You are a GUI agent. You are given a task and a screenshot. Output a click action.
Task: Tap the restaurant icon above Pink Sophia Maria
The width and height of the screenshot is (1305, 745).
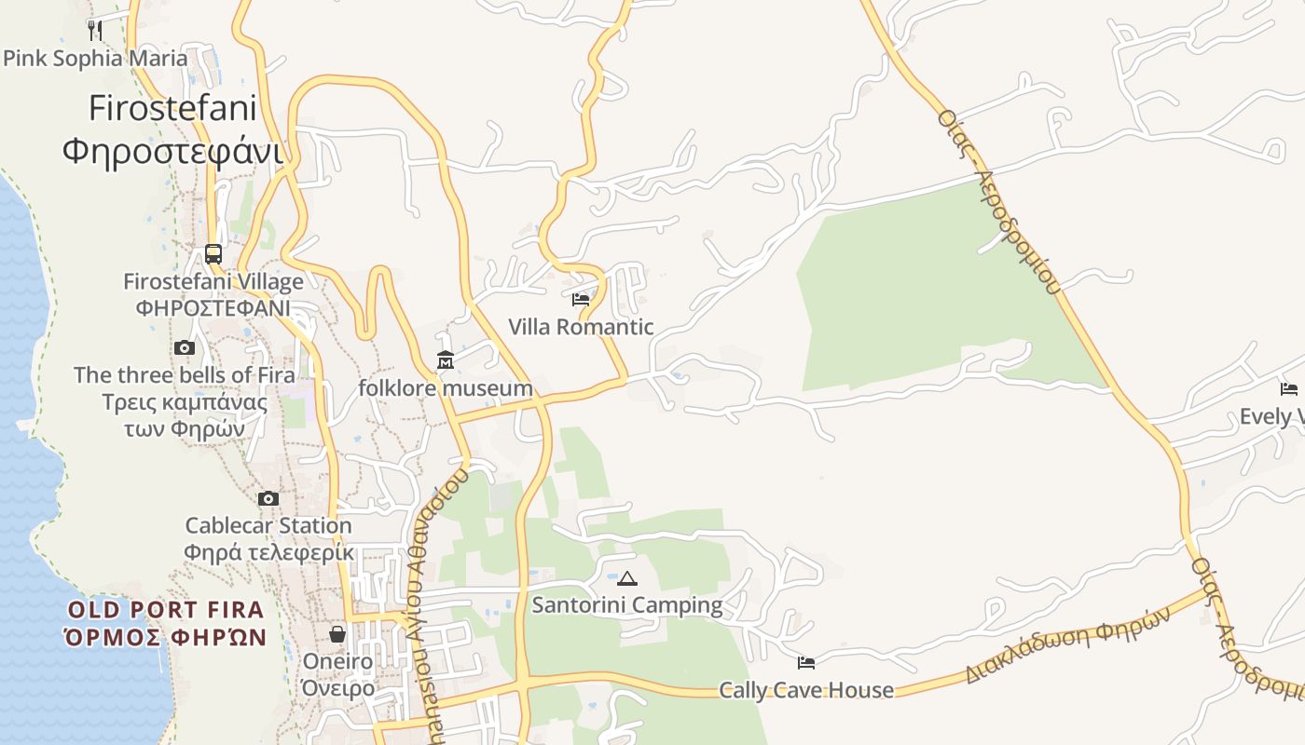click(x=95, y=30)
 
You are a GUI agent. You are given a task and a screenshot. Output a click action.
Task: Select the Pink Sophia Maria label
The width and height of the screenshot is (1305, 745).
click(x=95, y=59)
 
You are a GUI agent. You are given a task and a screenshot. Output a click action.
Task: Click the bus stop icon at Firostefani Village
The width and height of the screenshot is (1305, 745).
click(x=213, y=253)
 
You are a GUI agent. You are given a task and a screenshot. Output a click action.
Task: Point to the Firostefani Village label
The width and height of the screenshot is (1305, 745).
click(x=213, y=294)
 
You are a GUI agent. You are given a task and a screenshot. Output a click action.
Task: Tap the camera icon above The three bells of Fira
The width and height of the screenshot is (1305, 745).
click(x=185, y=347)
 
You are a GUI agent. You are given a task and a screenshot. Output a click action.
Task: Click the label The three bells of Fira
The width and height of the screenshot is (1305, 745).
click(x=185, y=401)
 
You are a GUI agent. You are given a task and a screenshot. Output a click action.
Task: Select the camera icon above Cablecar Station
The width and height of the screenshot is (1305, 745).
click(x=268, y=498)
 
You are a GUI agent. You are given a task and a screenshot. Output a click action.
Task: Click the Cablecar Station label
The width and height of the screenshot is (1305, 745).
click(x=268, y=538)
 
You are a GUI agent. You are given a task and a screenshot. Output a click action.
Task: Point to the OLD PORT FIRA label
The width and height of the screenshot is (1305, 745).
click(x=166, y=624)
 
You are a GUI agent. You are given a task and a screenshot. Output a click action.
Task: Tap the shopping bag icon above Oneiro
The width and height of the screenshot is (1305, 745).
click(x=337, y=634)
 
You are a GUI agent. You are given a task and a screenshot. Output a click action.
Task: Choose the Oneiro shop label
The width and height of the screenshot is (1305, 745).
click(x=337, y=674)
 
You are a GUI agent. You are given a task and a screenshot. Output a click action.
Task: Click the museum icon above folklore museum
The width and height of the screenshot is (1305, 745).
click(x=446, y=359)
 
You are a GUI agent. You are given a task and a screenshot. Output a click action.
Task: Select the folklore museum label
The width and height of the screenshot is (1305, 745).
click(x=446, y=387)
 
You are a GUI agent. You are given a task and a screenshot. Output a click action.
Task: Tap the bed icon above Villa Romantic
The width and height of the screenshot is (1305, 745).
click(x=581, y=299)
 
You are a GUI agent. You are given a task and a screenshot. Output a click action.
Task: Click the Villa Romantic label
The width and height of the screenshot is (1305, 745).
click(x=581, y=327)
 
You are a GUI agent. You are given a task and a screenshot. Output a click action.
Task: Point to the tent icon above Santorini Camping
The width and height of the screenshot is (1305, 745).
click(x=627, y=578)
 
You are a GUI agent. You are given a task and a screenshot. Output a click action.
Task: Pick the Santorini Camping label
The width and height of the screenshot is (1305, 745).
click(x=627, y=605)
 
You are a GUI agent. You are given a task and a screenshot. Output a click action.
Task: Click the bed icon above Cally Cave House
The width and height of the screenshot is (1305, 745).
click(x=806, y=662)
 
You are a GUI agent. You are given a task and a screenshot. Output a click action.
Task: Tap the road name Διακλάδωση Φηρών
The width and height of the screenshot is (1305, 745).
click(x=1067, y=645)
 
